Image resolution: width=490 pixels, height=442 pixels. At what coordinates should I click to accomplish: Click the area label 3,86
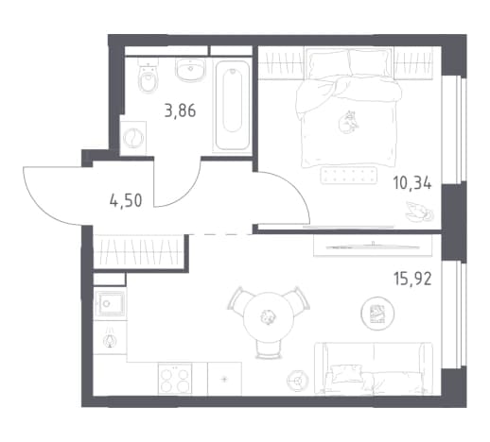(180, 111)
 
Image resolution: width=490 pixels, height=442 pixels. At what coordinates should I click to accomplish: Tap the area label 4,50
(126, 200)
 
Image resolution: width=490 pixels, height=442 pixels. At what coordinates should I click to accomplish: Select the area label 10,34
(411, 183)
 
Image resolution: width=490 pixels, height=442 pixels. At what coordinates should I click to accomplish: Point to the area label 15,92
(412, 279)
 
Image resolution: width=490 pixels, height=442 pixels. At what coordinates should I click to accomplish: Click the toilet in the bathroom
(149, 76)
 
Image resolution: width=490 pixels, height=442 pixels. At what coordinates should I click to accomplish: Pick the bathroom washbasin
(190, 69)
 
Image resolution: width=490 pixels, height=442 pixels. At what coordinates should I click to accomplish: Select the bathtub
(233, 106)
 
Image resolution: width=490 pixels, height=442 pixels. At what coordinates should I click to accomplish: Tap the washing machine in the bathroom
(133, 138)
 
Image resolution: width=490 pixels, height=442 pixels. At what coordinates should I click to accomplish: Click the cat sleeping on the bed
(347, 122)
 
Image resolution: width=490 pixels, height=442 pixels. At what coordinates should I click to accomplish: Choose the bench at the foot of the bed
(349, 175)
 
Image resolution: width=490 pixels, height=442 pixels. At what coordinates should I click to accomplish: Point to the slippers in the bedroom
(419, 211)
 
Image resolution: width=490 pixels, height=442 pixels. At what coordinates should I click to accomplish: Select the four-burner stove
(175, 379)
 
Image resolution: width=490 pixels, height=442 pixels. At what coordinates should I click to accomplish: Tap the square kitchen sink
(111, 304)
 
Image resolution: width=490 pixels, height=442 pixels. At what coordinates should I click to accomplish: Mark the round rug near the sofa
(377, 314)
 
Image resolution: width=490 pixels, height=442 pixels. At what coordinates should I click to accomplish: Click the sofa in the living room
(374, 368)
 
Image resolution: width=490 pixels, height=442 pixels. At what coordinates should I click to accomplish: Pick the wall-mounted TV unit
(373, 246)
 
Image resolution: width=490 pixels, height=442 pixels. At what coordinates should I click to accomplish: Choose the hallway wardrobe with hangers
(139, 251)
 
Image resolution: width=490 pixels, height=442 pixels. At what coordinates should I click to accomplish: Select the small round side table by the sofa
(297, 381)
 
